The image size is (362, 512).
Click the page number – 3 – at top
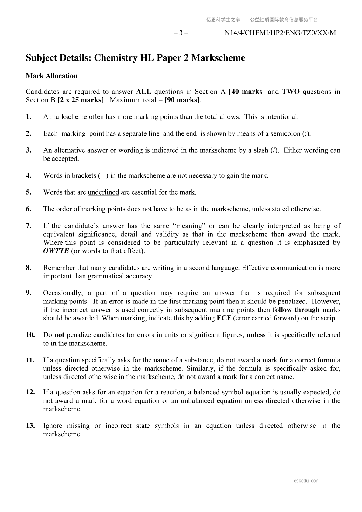(181, 33)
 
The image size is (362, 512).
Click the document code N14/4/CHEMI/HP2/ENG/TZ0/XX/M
(280, 33)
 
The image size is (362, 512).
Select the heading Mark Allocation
(52, 76)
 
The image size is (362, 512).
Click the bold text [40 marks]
(247, 92)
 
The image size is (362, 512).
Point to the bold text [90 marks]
(182, 100)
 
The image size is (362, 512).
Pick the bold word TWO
(291, 92)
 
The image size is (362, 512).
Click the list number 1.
(29, 117)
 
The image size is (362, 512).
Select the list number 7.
(29, 226)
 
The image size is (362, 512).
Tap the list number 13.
(30, 426)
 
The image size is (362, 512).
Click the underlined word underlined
(103, 192)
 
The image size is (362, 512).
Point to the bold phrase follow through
(296, 310)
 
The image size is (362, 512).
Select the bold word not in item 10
(59, 335)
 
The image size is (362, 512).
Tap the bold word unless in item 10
(256, 335)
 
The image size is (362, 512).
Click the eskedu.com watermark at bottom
(306, 481)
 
